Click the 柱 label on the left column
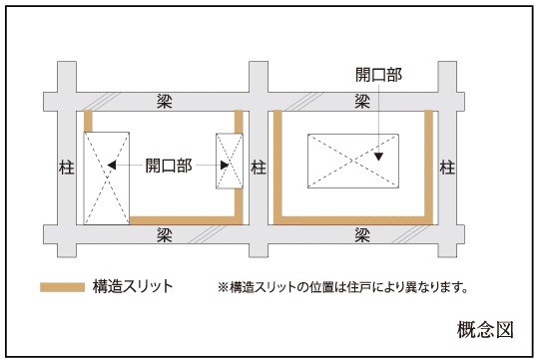(x=66, y=168)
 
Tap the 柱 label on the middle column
(x=259, y=168)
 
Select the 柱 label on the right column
(x=447, y=168)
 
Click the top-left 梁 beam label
(x=164, y=102)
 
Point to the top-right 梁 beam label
(x=362, y=102)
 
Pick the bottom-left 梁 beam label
(x=164, y=235)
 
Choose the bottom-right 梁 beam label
(x=362, y=235)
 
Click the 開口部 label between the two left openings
(x=169, y=166)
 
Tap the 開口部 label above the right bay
(x=378, y=75)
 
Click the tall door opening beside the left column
(x=107, y=179)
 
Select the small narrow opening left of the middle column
(x=230, y=161)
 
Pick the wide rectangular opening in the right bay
(x=353, y=161)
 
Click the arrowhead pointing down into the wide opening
(x=378, y=157)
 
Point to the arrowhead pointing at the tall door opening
(x=112, y=166)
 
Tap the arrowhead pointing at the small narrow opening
(x=225, y=166)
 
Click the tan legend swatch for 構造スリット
(x=63, y=287)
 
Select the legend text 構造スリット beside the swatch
(x=133, y=286)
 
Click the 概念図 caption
(x=485, y=330)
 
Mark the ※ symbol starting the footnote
(x=223, y=287)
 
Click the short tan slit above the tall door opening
(x=88, y=121)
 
